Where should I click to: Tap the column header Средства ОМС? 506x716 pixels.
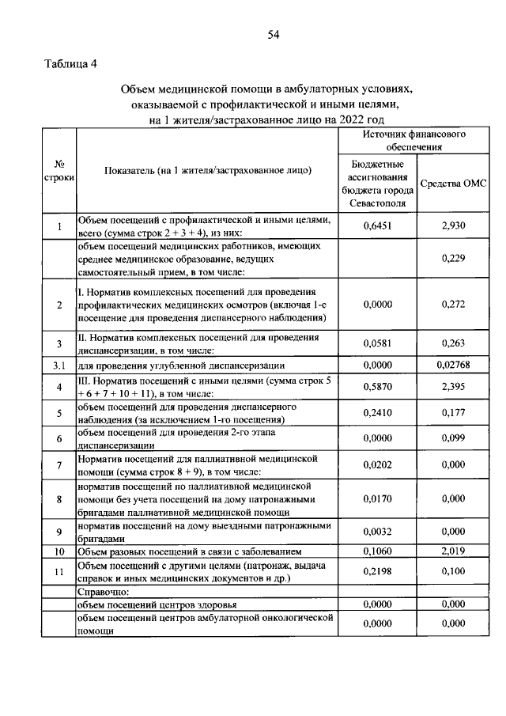(453, 184)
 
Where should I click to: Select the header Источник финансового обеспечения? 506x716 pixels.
(413, 141)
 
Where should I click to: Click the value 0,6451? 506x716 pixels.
(378, 226)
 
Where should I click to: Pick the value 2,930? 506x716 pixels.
(453, 226)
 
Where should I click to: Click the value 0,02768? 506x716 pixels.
(453, 366)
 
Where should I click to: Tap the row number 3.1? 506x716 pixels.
(59, 366)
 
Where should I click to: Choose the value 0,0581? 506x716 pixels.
(378, 343)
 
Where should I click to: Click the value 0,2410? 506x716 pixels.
(378, 413)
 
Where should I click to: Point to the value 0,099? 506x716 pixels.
(453, 438)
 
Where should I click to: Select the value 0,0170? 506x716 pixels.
(378, 499)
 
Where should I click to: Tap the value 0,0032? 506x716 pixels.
(378, 532)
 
